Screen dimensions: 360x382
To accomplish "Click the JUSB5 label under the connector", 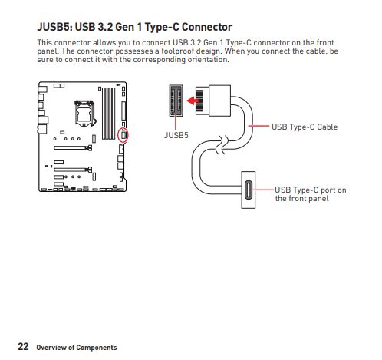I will click(x=176, y=134).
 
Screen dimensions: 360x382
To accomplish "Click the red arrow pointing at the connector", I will click(x=196, y=98).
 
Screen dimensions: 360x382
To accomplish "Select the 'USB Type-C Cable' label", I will click(x=305, y=126).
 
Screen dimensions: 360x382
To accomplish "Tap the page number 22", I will click(x=23, y=346).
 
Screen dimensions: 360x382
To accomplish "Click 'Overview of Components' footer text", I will click(x=77, y=348).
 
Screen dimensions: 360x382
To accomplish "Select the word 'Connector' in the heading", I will click(x=203, y=28).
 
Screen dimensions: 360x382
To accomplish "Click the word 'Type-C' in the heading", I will click(x=164, y=28).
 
